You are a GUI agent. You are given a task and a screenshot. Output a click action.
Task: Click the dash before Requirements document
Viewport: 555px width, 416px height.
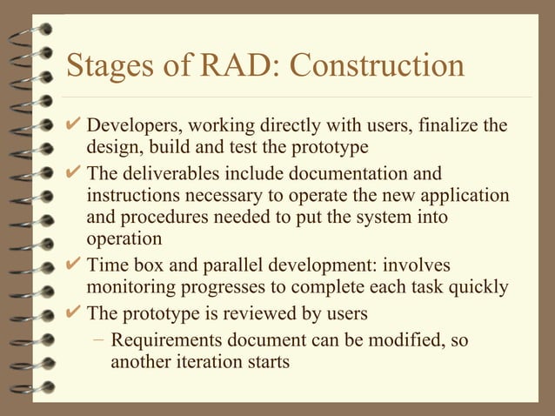(100, 339)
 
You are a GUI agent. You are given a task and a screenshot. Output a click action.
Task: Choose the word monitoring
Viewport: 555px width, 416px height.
(131, 287)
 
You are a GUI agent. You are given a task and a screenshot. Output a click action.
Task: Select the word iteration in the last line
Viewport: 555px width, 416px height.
(206, 360)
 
